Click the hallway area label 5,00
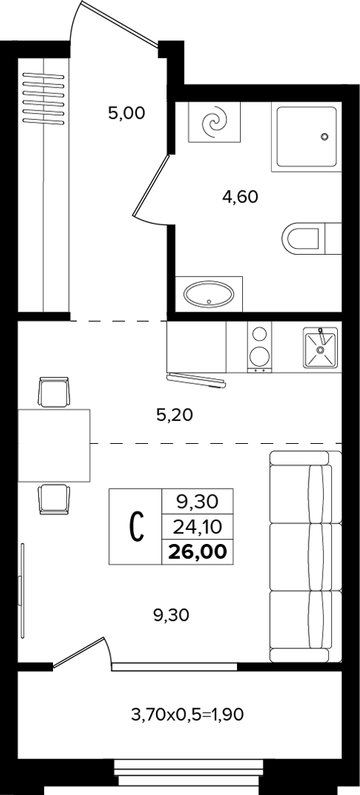pos(127,113)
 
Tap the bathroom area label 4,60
pos(240,196)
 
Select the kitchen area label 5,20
pos(175,416)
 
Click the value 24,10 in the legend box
pos(197,528)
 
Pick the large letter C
pos(135,527)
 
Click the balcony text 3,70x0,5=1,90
pos(188,715)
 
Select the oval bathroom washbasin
pos(209,294)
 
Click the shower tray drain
pos(325,136)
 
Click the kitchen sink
pos(320,347)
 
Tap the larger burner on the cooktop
pos(259,355)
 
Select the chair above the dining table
pos(54,392)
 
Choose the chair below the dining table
pos(54,499)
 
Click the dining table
pos(54,445)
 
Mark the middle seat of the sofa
pos(306,557)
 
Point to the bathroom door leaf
pos(151,186)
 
